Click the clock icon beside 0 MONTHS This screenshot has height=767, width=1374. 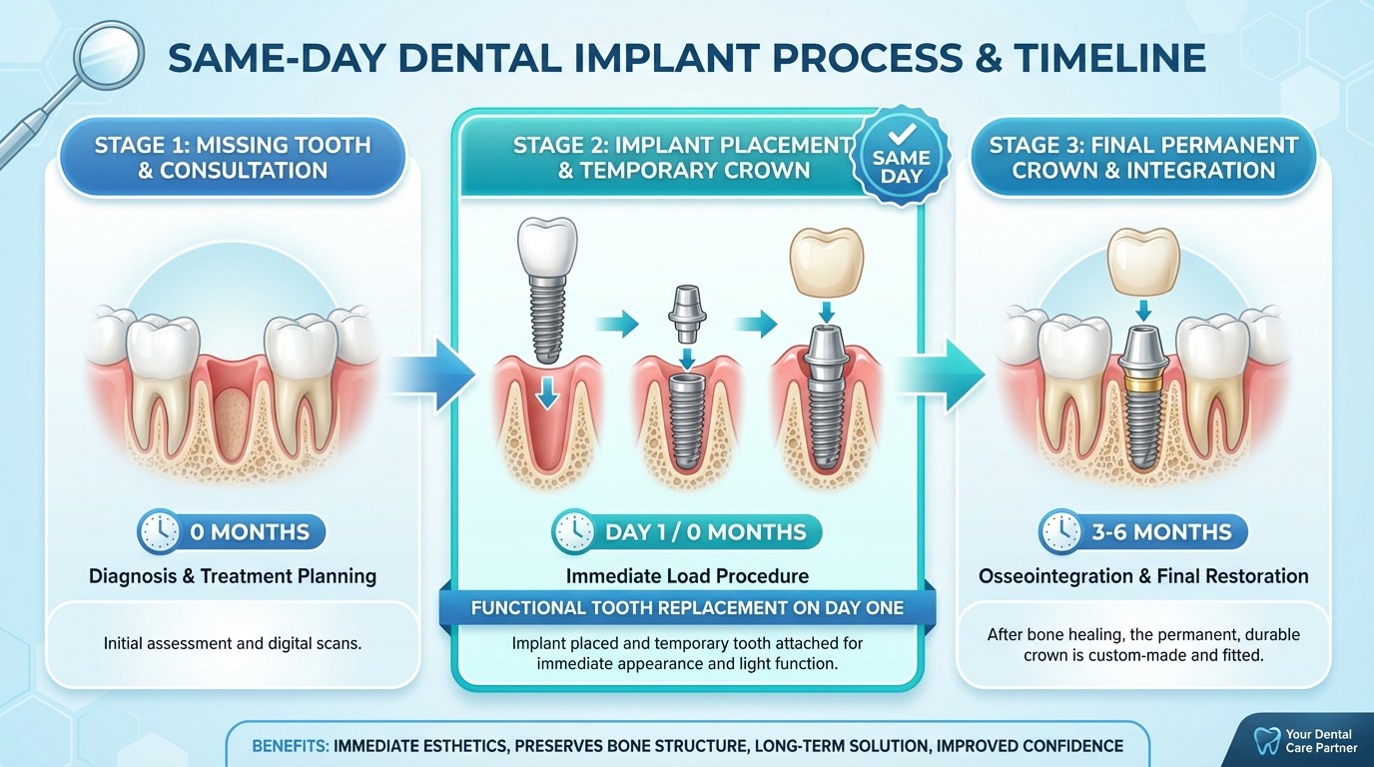tap(161, 532)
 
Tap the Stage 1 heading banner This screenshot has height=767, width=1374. tap(232, 158)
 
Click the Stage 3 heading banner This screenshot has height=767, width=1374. tap(1143, 158)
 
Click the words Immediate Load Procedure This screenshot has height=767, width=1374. tap(687, 576)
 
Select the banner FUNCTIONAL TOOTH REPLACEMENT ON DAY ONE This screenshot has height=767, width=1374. tap(687, 608)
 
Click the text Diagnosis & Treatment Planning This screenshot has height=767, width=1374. tap(232, 576)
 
